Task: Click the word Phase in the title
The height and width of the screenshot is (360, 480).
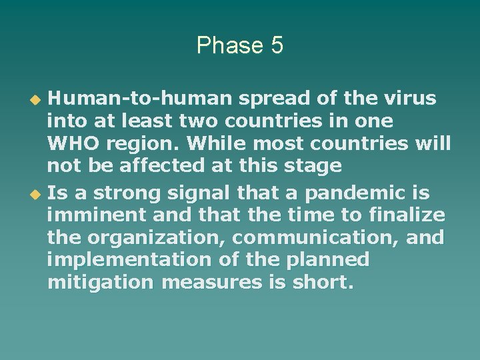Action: pos(227,46)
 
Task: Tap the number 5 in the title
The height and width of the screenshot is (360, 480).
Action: pos(277,46)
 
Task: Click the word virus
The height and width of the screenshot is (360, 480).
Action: pos(410,99)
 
